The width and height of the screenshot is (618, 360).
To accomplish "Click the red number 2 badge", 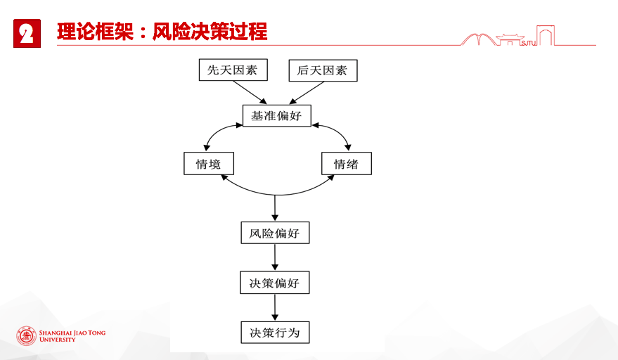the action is (x=27, y=34).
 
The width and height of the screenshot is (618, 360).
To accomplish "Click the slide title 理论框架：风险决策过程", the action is (x=162, y=32).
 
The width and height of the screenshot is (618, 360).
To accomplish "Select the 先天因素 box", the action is (x=233, y=70).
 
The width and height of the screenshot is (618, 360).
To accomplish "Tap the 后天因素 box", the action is (x=323, y=70).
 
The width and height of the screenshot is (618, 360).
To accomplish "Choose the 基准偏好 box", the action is (x=277, y=115).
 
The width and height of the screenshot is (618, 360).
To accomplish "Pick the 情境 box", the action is (x=209, y=164).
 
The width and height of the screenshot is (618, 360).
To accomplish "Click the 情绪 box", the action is (x=347, y=164).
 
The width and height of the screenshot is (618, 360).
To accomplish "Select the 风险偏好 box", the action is (x=275, y=233).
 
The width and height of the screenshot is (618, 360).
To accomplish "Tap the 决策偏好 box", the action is (x=275, y=283).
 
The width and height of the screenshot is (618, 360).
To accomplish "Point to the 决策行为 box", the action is (x=275, y=333).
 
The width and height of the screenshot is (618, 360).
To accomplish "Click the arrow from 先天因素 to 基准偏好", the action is (x=250, y=92).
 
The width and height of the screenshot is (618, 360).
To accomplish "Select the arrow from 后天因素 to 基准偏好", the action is (x=307, y=92).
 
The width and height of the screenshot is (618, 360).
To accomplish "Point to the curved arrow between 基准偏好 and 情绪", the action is (x=338, y=131).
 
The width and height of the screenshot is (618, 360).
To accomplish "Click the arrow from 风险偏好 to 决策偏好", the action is (x=275, y=257).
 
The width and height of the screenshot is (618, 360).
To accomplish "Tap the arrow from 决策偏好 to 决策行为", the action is (x=275, y=307).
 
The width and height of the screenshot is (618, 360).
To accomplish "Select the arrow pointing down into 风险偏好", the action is (x=275, y=208).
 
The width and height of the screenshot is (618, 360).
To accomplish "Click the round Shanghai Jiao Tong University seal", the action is (x=27, y=336).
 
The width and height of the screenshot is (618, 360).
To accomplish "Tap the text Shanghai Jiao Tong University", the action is (x=72, y=336).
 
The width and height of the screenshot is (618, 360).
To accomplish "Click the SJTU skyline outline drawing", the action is (x=508, y=36).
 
